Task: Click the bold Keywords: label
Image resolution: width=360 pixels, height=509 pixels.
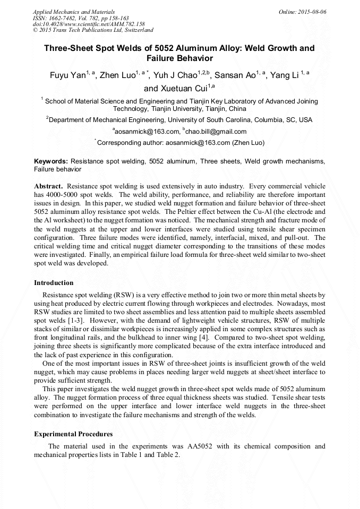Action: pyautogui.click(x=51, y=161)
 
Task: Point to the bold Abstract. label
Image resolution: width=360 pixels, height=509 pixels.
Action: pyautogui.click(x=48, y=186)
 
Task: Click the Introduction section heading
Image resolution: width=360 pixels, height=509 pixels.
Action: pyautogui.click(x=54, y=283)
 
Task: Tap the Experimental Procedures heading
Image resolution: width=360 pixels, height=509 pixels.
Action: pyautogui.click(x=73, y=434)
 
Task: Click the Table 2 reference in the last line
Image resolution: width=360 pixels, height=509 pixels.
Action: pyautogui.click(x=168, y=455)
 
